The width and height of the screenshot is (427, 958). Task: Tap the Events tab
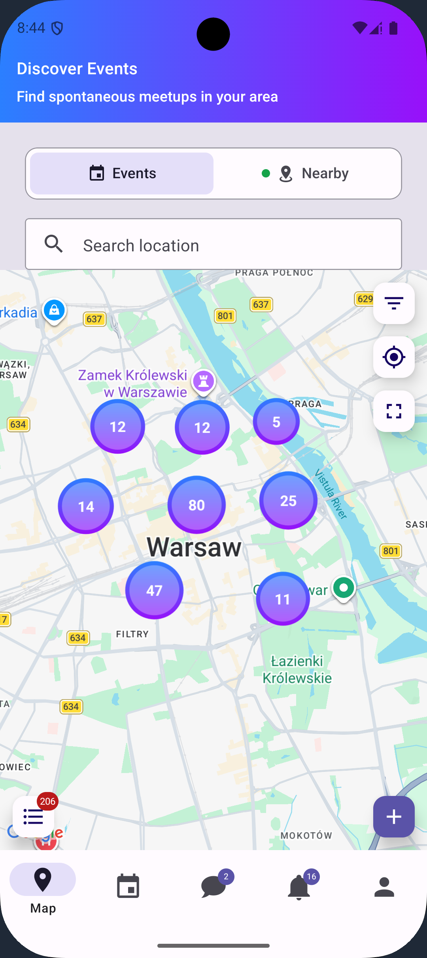pos(122,173)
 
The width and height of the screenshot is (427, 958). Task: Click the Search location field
pos(213,245)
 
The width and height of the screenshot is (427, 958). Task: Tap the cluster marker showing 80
pos(196,505)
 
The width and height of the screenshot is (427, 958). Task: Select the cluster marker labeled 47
pos(154,590)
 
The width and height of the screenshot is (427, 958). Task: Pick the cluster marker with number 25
pos(288,501)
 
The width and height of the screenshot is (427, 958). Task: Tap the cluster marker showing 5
pos(276,422)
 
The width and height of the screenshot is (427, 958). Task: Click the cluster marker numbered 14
pos(86,506)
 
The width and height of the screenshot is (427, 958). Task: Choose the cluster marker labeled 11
pos(283,599)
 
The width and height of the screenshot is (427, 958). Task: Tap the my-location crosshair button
pos(394,357)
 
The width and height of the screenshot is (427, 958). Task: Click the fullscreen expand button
pos(394,411)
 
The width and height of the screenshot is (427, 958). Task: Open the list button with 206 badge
pos(34,817)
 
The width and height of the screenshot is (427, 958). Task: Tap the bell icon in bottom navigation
pos(299,887)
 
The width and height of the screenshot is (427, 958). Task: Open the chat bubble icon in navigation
pos(213,887)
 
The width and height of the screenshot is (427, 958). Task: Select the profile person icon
pos(384,887)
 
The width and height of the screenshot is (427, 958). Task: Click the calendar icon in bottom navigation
pos(128,887)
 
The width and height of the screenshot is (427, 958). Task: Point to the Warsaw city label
pos(194,547)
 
